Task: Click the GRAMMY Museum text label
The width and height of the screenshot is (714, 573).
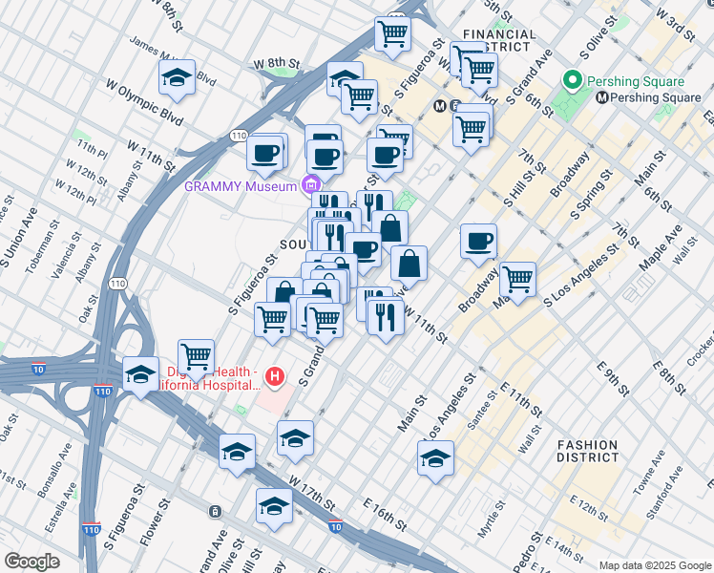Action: pyautogui.click(x=241, y=186)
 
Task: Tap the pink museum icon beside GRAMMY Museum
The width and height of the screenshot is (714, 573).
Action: pyautogui.click(x=310, y=185)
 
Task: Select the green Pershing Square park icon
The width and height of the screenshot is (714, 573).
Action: pyautogui.click(x=573, y=79)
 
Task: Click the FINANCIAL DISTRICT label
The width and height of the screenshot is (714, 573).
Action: pyautogui.click(x=497, y=40)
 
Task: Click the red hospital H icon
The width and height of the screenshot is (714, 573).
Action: pyautogui.click(x=276, y=377)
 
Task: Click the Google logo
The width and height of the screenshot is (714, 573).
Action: pyautogui.click(x=31, y=561)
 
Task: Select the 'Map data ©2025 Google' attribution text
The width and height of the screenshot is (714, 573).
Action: pyautogui.click(x=654, y=565)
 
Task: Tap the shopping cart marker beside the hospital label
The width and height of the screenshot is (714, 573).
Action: pyautogui.click(x=196, y=356)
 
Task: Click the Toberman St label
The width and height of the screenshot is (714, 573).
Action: pyautogui.click(x=39, y=251)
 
